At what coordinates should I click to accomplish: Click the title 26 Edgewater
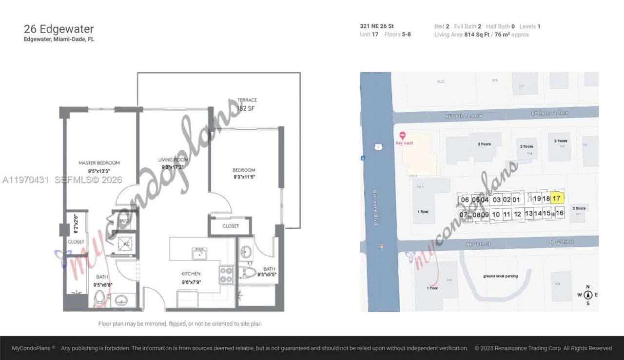[58, 29]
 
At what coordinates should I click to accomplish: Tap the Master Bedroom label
[99, 163]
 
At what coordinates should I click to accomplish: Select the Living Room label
[173, 160]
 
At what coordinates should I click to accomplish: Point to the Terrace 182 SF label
[247, 104]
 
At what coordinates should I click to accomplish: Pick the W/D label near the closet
[124, 220]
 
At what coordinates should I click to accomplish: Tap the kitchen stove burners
[226, 275]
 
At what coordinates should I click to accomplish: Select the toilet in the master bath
[100, 297]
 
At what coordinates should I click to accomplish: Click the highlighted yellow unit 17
[557, 199]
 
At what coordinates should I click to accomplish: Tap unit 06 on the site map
[465, 200]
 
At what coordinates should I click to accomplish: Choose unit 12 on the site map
[517, 214]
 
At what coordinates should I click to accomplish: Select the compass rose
[588, 295]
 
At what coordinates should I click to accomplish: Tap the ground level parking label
[500, 276]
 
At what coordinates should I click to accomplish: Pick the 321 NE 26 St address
[377, 26]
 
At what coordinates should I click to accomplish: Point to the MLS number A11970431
[25, 180]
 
